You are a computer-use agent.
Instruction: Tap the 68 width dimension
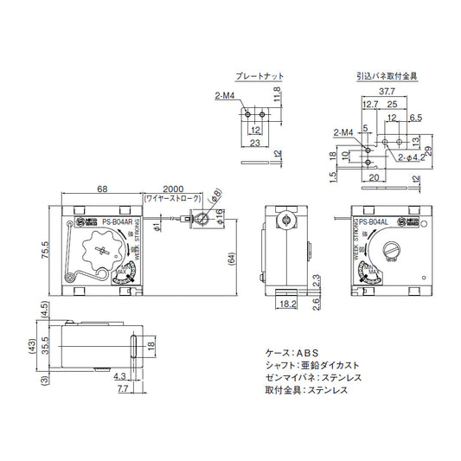(x=101, y=188)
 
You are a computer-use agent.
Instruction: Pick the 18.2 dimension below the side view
(x=288, y=305)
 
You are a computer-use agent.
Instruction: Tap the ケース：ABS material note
(x=292, y=353)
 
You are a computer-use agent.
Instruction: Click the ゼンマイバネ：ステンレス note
(x=311, y=378)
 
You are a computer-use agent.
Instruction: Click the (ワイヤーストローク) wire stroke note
(x=170, y=199)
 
